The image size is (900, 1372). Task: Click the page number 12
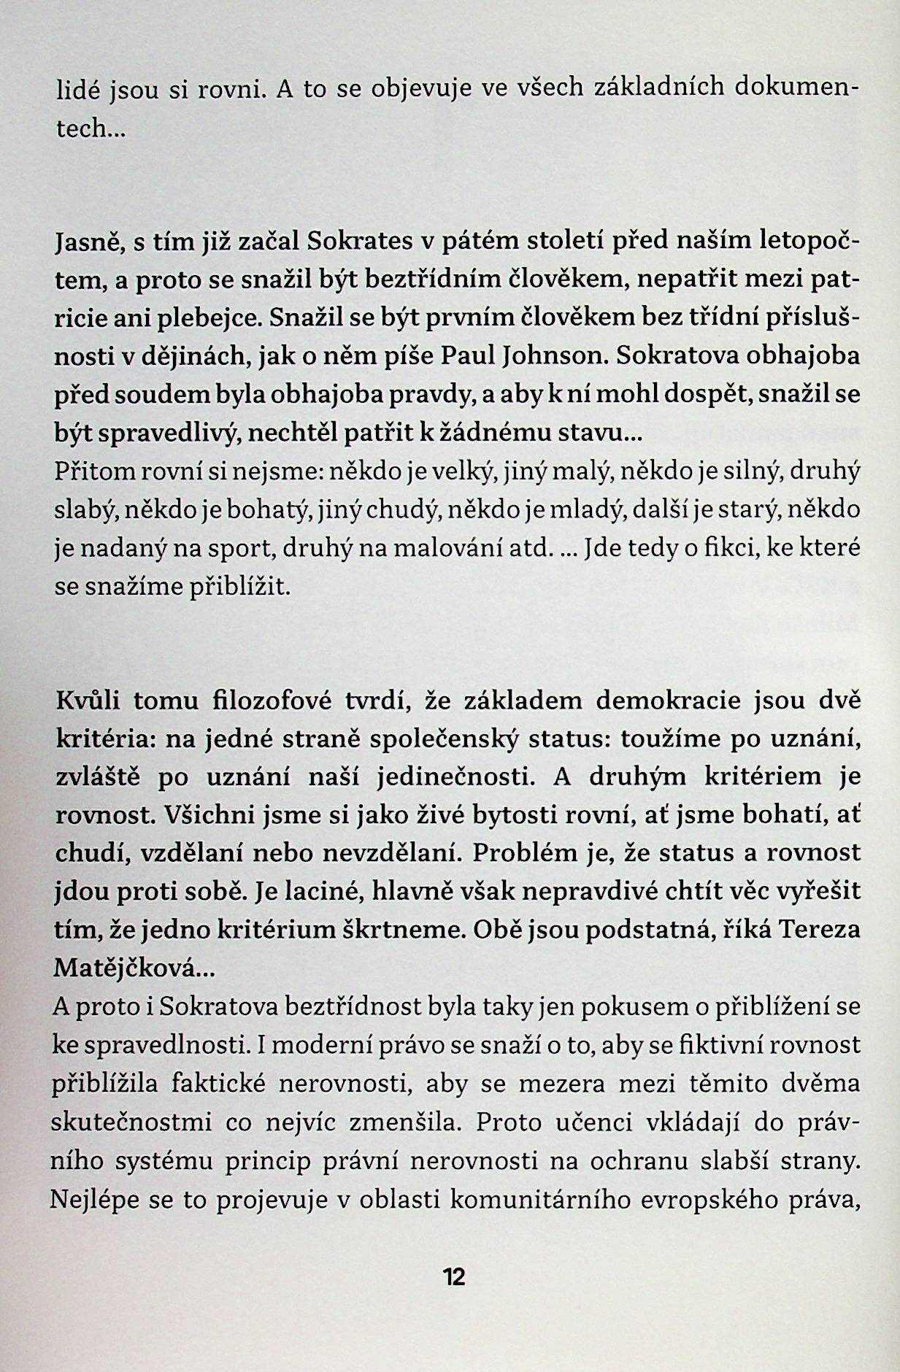[453, 1277]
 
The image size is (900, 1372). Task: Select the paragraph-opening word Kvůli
[88, 701]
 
